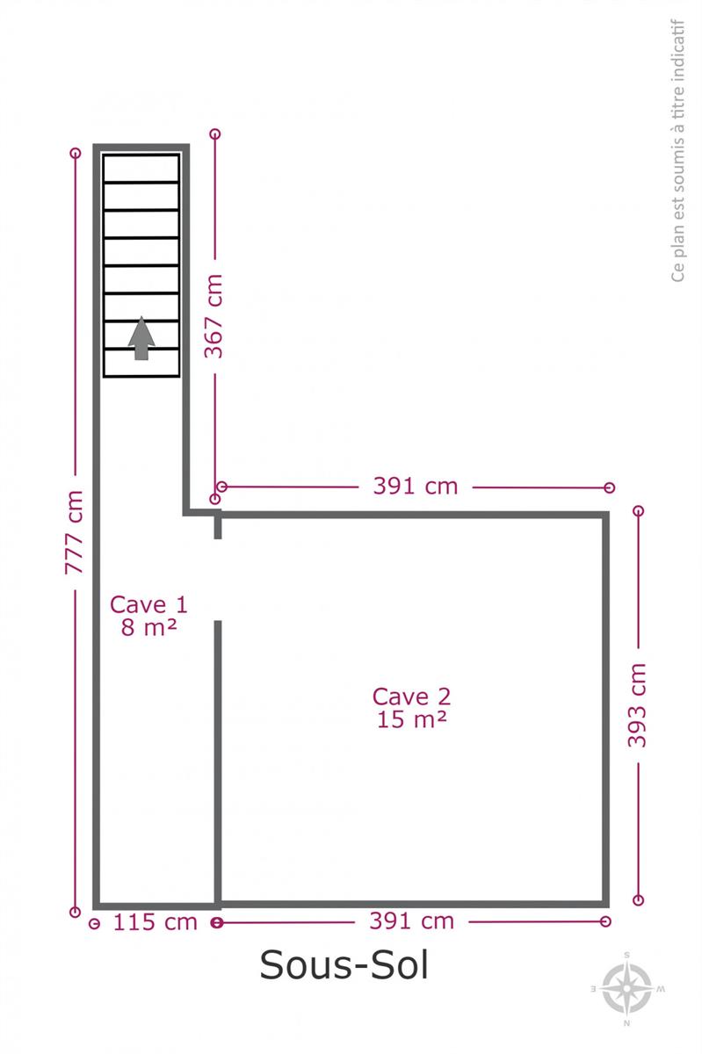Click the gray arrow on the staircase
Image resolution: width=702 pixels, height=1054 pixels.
pos(141,338)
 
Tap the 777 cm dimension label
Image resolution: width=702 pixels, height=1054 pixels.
pos(74,532)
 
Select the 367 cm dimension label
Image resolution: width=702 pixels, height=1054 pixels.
pos(213,316)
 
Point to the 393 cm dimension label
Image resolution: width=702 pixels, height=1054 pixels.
pos(637,705)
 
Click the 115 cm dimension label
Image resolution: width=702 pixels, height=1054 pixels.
pos(156,922)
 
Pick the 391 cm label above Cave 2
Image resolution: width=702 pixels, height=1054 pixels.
pos(416,486)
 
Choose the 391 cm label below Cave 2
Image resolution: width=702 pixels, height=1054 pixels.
pos(411,920)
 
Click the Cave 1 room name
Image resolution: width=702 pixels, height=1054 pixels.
pos(148,604)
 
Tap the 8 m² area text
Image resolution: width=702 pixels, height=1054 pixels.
pos(148,627)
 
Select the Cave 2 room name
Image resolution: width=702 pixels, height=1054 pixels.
pos(411,697)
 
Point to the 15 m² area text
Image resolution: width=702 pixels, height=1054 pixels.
pos(411,719)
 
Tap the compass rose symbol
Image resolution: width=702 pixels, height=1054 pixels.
pos(627,989)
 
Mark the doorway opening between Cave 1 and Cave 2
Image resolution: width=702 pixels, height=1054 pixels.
pos(218,580)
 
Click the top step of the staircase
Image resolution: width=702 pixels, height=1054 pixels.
pos(141,168)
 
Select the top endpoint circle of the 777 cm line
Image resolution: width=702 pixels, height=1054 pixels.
pos(75,153)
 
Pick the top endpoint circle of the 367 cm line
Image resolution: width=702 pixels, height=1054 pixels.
pos(214,134)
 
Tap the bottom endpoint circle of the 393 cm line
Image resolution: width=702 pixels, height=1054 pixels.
pos(638,900)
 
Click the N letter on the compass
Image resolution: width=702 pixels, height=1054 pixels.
pos(626,1023)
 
